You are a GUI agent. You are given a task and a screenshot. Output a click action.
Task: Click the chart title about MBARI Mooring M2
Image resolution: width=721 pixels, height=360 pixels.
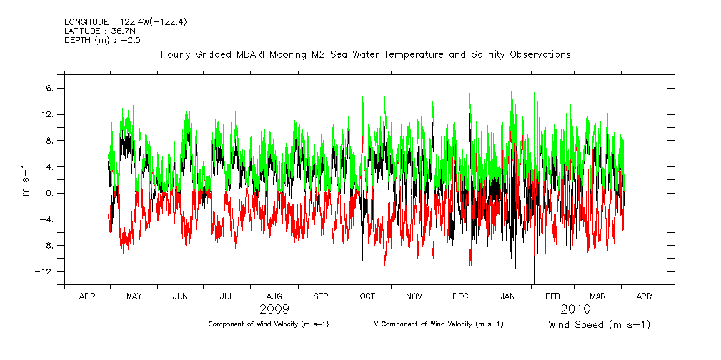click(x=366, y=54)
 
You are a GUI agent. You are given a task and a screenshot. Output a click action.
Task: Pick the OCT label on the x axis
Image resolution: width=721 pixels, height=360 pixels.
click(x=367, y=296)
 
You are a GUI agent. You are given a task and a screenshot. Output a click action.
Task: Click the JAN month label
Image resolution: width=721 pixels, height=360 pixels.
click(x=507, y=296)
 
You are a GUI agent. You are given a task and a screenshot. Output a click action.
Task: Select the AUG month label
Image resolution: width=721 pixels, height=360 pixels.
click(x=274, y=296)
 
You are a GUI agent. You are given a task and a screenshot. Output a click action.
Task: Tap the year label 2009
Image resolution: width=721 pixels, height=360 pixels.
click(x=274, y=309)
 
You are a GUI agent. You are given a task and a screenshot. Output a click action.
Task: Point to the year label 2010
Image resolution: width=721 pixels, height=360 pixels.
click(x=576, y=309)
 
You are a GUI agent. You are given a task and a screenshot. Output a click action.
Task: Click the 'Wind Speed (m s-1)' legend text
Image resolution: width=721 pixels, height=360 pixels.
click(x=600, y=325)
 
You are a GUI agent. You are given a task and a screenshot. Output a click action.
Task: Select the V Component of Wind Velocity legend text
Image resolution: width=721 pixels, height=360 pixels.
click(x=439, y=324)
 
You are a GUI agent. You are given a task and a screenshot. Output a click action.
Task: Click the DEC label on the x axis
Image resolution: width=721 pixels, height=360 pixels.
click(x=460, y=296)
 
